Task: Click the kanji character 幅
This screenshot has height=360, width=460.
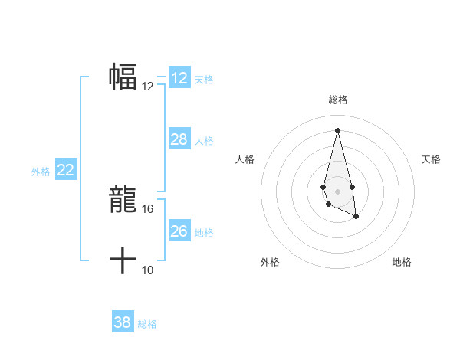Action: point(123,77)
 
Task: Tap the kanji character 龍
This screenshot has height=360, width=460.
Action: point(123,199)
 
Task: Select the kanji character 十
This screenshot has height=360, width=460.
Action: point(123,261)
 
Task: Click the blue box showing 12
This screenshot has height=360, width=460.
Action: point(179,78)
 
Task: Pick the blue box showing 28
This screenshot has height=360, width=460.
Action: point(179,139)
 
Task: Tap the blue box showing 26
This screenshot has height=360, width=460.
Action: point(179,231)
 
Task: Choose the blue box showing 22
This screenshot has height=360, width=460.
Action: point(66,170)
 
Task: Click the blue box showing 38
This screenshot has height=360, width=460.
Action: point(123,322)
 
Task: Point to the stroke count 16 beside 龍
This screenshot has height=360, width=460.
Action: point(148,208)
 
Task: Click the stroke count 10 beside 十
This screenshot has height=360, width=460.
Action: point(148,270)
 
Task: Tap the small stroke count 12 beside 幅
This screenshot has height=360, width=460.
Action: point(148,87)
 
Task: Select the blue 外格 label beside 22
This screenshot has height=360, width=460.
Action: point(41,172)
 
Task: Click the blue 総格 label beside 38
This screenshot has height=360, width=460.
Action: point(147,324)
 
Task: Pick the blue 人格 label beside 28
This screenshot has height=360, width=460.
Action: point(204,141)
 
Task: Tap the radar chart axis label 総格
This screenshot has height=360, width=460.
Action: point(338,100)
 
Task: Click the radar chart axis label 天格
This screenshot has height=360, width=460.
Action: point(431,159)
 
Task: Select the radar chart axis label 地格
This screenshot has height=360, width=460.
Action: point(402,262)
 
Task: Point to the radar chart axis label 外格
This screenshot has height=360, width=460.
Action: point(270,262)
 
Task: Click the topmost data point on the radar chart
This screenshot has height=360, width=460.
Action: point(337,130)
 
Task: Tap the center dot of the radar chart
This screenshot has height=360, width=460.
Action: point(337,190)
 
